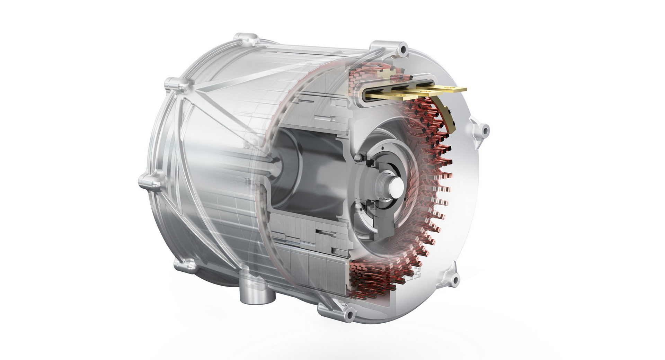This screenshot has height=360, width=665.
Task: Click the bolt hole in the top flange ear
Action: pyautogui.click(x=403, y=49)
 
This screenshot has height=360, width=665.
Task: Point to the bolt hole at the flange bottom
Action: pyautogui.click(x=349, y=315)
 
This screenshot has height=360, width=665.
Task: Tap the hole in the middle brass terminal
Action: pyautogui.click(x=422, y=91)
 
